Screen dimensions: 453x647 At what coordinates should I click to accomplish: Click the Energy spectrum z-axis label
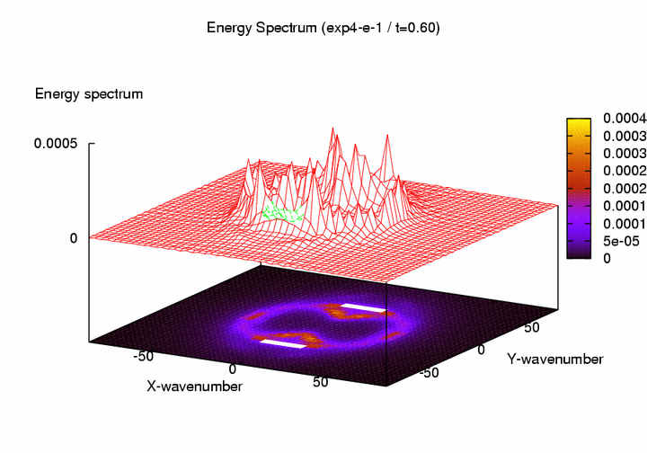point(89,93)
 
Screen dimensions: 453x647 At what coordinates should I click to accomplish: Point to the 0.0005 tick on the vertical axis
point(56,143)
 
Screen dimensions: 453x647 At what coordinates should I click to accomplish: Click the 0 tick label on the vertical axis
point(74,237)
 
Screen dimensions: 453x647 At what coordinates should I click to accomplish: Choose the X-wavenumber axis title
point(194,386)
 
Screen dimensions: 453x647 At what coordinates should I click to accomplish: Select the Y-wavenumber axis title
point(554,360)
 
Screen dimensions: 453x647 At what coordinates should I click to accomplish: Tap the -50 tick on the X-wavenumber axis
point(144,356)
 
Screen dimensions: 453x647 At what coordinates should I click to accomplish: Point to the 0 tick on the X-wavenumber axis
point(233,369)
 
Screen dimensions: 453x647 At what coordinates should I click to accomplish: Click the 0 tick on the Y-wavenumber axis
point(482,347)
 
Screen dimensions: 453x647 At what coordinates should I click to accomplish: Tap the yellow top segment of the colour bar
point(578,122)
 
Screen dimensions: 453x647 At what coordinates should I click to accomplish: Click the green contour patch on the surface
point(282,215)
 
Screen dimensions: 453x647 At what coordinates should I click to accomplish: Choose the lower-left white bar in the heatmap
point(282,342)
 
